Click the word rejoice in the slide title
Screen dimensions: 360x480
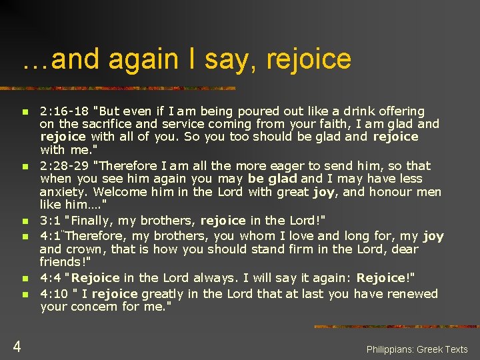pos(308,60)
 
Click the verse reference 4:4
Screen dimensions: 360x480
pos(52,277)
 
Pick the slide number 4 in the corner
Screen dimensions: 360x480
pos(16,346)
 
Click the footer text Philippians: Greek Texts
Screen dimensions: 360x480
pos(417,349)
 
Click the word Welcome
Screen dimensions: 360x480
pos(120,192)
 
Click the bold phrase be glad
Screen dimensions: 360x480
pos(273,179)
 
